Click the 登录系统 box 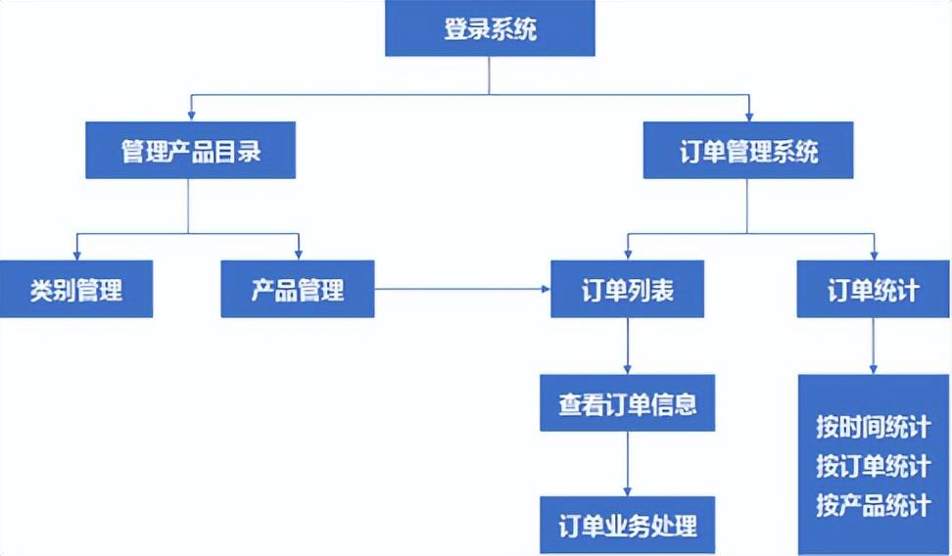point(490,28)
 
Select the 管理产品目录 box point(190,151)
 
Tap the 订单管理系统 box point(748,151)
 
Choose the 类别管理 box point(76,289)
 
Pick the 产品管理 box point(298,289)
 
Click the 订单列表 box point(628,289)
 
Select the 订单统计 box point(873,289)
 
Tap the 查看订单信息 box point(628,403)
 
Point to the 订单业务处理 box point(628,525)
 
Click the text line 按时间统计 point(873,428)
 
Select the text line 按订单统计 point(873,466)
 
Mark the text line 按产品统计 point(873,505)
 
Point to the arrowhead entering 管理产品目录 point(190,116)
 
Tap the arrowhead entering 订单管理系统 point(748,116)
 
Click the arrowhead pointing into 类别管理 point(76,255)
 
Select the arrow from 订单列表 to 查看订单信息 point(628,346)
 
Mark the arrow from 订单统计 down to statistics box point(873,346)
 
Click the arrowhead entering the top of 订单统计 point(873,255)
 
